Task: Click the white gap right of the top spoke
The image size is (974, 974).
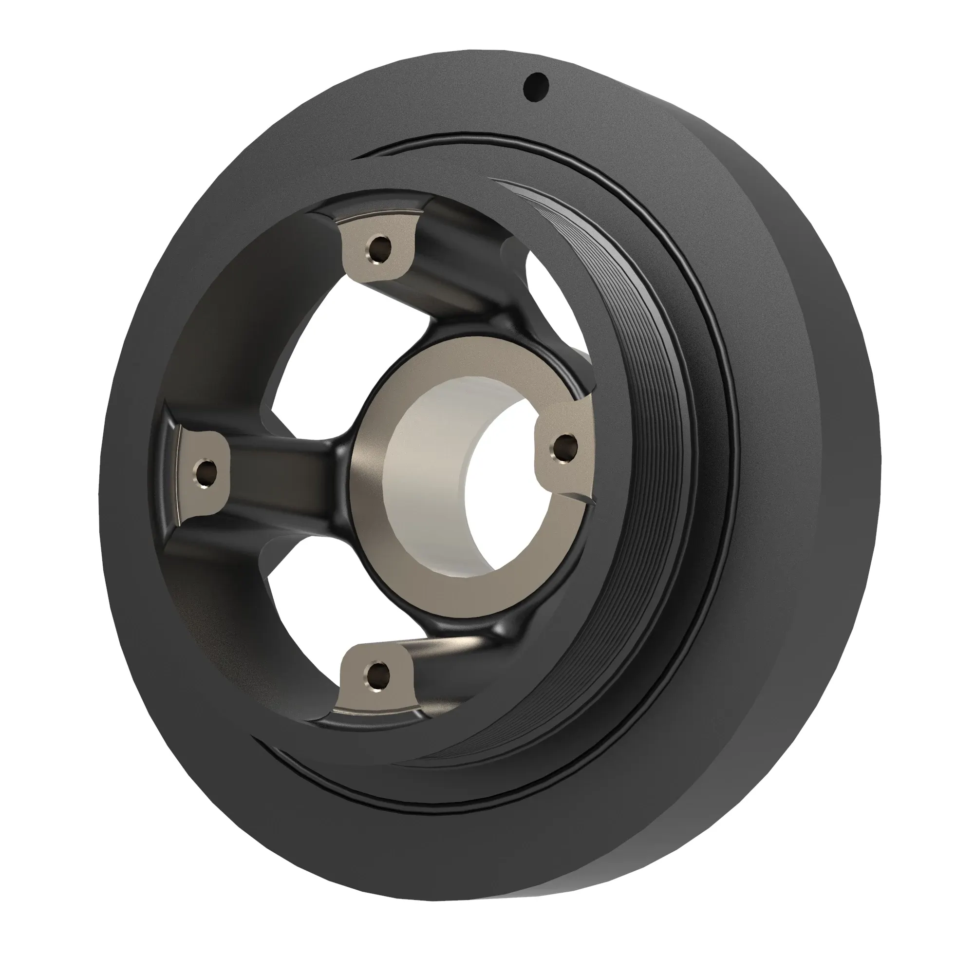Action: click(547, 292)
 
